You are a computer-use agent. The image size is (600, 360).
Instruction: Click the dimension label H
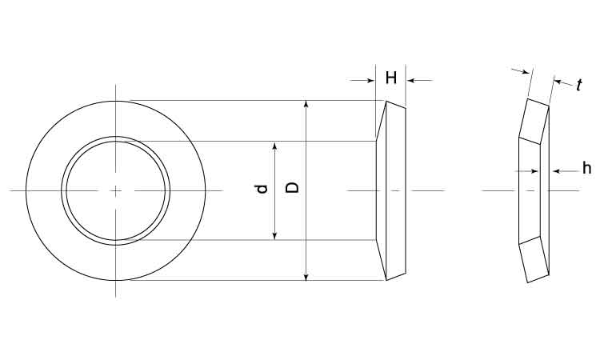[390, 78]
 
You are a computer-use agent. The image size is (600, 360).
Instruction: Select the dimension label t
[579, 85]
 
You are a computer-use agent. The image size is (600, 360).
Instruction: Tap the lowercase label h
[586, 168]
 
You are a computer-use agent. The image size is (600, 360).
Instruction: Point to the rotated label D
[293, 187]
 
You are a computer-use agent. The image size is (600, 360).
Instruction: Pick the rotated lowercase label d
[261, 189]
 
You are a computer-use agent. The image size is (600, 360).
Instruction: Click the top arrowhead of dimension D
[306, 104]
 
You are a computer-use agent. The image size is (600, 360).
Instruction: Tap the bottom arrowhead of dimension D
[306, 277]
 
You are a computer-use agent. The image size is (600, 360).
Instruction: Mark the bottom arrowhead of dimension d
[274, 236]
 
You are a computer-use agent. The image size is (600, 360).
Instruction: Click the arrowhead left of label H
[370, 80]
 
